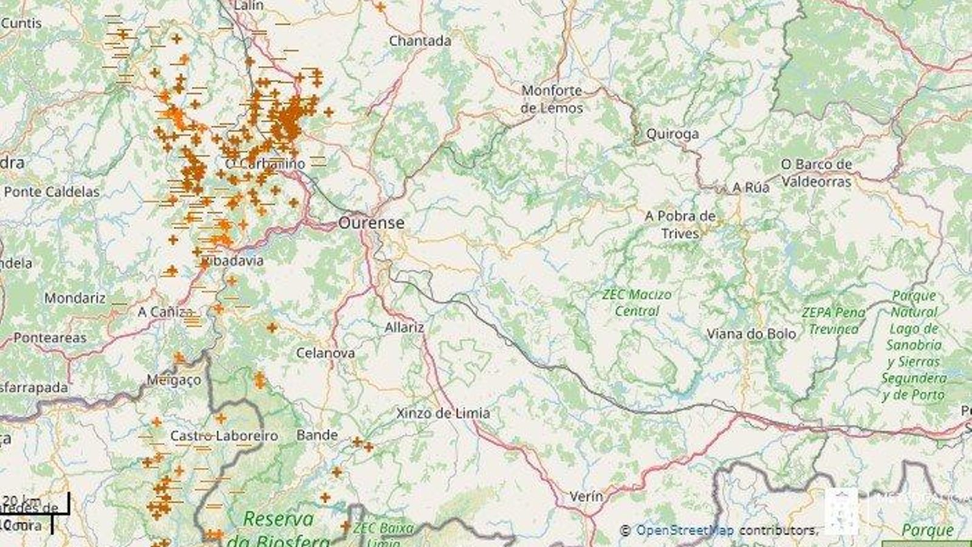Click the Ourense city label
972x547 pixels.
click(371, 222)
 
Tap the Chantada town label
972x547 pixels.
click(420, 41)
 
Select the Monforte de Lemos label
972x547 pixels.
click(552, 99)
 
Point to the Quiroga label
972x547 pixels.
click(672, 134)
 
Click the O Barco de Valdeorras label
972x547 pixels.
click(816, 173)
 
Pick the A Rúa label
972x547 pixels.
click(751, 187)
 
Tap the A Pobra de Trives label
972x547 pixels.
click(680, 224)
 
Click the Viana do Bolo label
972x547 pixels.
click(751, 334)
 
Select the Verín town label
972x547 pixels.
click(586, 496)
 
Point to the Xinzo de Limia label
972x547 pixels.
click(443, 413)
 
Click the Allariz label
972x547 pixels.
click(404, 327)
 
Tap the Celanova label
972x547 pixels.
click(326, 353)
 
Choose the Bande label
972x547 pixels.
click(317, 435)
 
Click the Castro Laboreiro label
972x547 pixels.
click(224, 436)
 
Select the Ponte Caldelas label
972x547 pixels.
click(52, 191)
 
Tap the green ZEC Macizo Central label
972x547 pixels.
click(637, 303)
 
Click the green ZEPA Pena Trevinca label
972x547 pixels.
click(833, 320)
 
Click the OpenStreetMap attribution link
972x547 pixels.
click(684, 530)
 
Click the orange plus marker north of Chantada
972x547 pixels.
click(380, 7)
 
